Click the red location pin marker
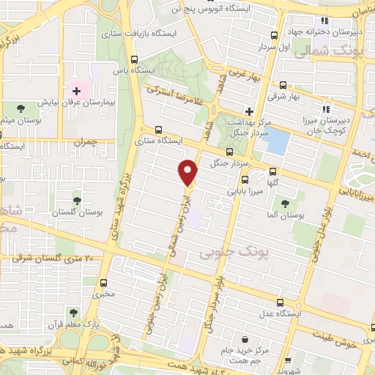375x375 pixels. tap(189, 171)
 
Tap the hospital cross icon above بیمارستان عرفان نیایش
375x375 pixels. tap(76, 91)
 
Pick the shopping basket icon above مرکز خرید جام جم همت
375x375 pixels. tap(254, 341)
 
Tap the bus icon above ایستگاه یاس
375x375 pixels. tap(133, 60)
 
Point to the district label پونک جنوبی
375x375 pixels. tap(223, 253)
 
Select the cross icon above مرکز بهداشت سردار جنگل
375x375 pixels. tap(250, 111)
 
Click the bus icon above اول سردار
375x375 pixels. tap(274, 34)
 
